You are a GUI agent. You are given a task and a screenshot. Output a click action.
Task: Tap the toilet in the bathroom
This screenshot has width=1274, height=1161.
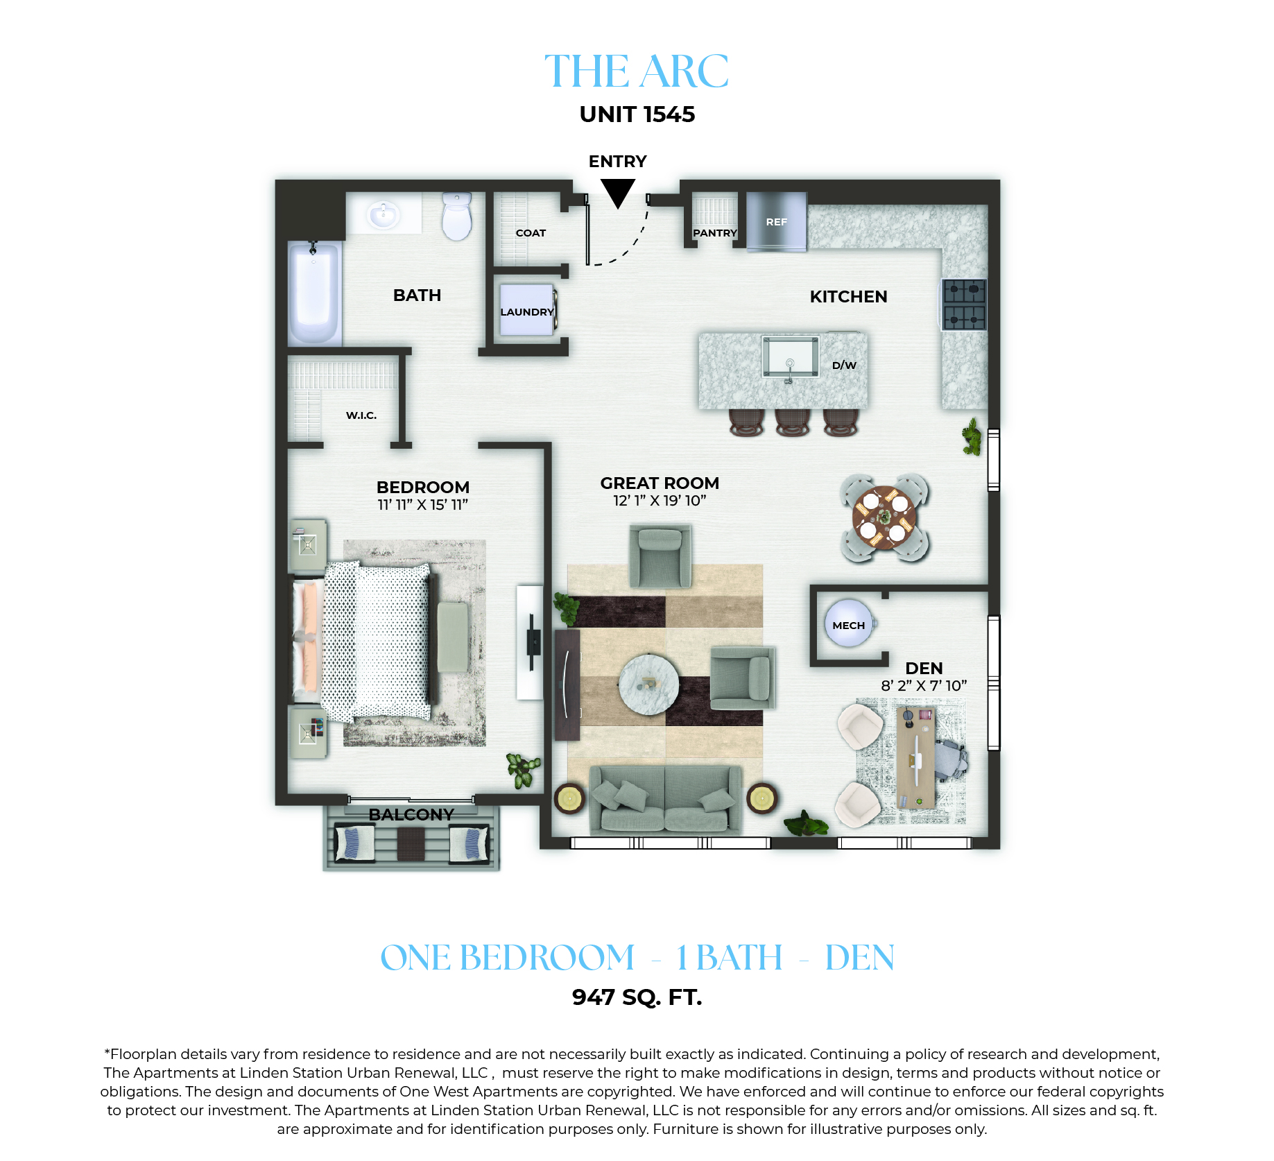coord(457,216)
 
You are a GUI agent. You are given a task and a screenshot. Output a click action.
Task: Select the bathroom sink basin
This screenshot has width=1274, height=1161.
coord(382,214)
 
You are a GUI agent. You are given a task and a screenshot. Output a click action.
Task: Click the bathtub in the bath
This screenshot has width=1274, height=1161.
coord(314,293)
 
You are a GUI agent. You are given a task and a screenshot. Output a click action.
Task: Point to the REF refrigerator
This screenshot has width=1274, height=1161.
coord(777,221)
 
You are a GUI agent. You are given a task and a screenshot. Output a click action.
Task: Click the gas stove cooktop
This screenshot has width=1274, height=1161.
coord(964,304)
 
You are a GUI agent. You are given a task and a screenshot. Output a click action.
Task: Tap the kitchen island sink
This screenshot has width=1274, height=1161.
coord(790,356)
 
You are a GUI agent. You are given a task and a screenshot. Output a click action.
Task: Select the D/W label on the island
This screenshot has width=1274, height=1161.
coord(844,365)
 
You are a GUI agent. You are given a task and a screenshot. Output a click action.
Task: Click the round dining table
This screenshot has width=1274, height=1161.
coord(884,518)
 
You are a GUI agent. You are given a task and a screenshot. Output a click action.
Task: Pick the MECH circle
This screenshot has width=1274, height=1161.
coord(848,623)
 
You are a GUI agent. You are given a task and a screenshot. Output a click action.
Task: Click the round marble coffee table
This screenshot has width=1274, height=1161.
coord(649,684)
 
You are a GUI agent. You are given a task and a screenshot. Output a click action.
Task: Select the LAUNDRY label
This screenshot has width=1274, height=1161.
coord(527,312)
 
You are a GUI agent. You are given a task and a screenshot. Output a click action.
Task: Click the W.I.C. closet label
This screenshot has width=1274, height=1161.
coord(361,415)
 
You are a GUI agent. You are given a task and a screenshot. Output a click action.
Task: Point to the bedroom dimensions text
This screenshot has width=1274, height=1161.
coord(423,505)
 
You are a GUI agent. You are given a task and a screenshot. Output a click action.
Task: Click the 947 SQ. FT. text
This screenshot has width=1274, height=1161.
coord(637,997)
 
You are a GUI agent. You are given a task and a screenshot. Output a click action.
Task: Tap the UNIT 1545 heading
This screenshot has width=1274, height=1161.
coord(637,114)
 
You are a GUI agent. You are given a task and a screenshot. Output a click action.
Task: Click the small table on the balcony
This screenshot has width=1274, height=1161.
coord(411,843)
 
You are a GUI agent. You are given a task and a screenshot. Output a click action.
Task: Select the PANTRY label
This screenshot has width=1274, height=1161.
coord(715,233)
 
